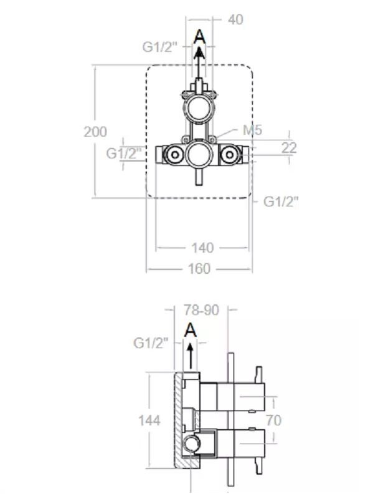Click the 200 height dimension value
coord(95,132)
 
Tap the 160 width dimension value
coord(199,269)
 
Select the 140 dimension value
coord(202,248)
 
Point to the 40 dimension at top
coord(236,20)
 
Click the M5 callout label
coord(252,130)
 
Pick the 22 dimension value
coord(289,147)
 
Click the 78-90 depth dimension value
coord(202,310)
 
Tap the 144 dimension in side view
coord(149,420)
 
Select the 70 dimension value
coord(273,420)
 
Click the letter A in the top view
coord(199,37)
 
